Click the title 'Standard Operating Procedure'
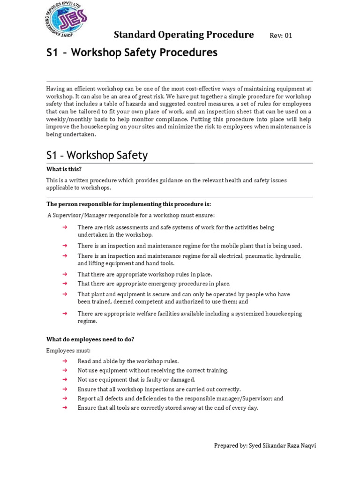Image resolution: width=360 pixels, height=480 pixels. pos(184,35)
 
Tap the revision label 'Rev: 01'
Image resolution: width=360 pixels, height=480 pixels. pos(281,36)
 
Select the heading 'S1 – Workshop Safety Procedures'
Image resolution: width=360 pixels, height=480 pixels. pos(132,53)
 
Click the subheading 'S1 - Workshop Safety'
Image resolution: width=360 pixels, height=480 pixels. pos(97,155)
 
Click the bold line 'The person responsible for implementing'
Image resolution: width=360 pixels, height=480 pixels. pos(128,204)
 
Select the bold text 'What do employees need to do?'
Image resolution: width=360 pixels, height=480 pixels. pos(90,339)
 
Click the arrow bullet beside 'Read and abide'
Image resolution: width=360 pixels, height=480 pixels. pos(65,361)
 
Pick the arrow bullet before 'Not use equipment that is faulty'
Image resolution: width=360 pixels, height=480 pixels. pos(65,380)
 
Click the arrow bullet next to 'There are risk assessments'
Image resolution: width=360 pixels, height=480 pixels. pos(65,227)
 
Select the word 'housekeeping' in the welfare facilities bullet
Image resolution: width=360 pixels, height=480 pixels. pos(283,314)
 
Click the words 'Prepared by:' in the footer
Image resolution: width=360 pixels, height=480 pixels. pos(230,446)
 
